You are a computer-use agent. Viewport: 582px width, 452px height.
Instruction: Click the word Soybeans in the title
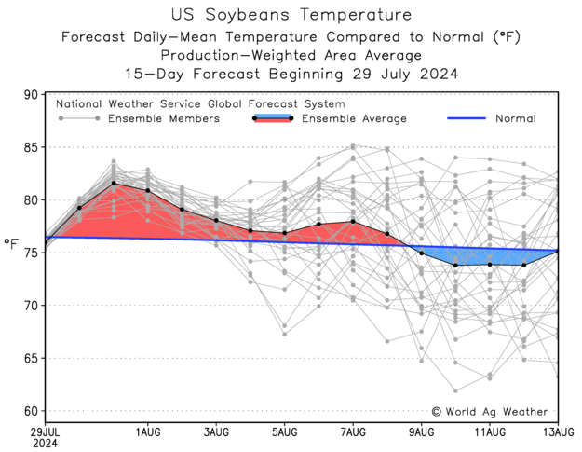pyautogui.click(x=264, y=16)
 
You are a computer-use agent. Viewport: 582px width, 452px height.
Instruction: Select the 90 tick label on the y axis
pyautogui.click(x=30, y=95)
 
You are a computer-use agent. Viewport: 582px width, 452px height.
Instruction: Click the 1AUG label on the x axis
pyautogui.click(x=147, y=432)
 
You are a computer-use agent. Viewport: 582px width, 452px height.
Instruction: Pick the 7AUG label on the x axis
pyautogui.click(x=353, y=432)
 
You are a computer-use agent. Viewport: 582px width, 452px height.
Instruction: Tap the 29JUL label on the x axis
pyautogui.click(x=47, y=432)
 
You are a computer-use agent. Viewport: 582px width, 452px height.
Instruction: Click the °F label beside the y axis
pyautogui.click(x=11, y=244)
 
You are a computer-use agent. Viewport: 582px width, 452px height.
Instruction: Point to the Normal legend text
pyautogui.click(x=515, y=119)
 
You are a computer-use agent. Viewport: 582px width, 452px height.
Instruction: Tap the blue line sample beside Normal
pyautogui.click(x=467, y=119)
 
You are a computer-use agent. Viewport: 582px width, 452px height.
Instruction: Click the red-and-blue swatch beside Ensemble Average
pyautogui.click(x=273, y=118)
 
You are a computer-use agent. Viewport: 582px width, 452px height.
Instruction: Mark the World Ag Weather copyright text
pyautogui.click(x=492, y=411)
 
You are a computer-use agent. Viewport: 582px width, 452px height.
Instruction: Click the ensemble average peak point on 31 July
pyautogui.click(x=114, y=184)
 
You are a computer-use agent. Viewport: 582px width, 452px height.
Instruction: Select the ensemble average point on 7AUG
pyautogui.click(x=353, y=222)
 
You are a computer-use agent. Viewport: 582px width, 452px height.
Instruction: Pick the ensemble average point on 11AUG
pyautogui.click(x=490, y=265)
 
